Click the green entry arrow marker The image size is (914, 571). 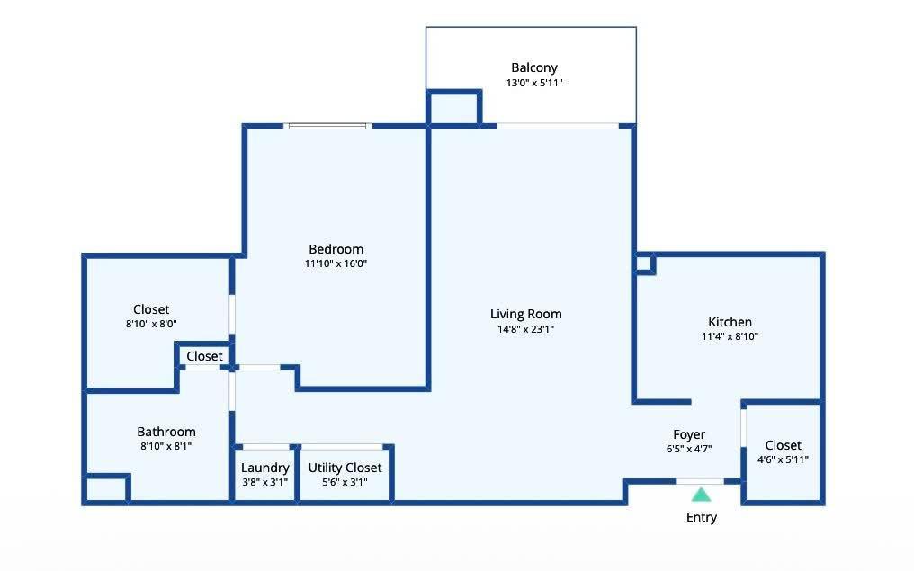[701, 495]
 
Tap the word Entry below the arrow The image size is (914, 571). [701, 517]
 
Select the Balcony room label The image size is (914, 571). [534, 68]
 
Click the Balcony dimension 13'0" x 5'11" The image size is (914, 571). [534, 83]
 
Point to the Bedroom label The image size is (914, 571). [336, 249]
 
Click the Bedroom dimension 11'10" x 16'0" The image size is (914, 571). [336, 263]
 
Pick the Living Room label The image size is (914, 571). [525, 315]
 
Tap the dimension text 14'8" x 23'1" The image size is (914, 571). [525, 329]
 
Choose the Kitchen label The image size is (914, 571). [730, 322]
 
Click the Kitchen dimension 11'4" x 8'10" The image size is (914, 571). [730, 336]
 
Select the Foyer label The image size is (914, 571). [689, 434]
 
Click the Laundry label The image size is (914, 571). [265, 468]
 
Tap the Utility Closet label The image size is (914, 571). [345, 468]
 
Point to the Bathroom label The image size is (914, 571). [166, 432]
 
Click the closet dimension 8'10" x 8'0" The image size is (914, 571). [151, 324]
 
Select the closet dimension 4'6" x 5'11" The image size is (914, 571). [783, 459]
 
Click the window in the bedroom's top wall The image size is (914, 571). [327, 126]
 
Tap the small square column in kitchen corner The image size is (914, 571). [645, 263]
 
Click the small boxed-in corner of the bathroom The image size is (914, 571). [107, 487]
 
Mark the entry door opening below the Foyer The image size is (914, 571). [700, 481]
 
